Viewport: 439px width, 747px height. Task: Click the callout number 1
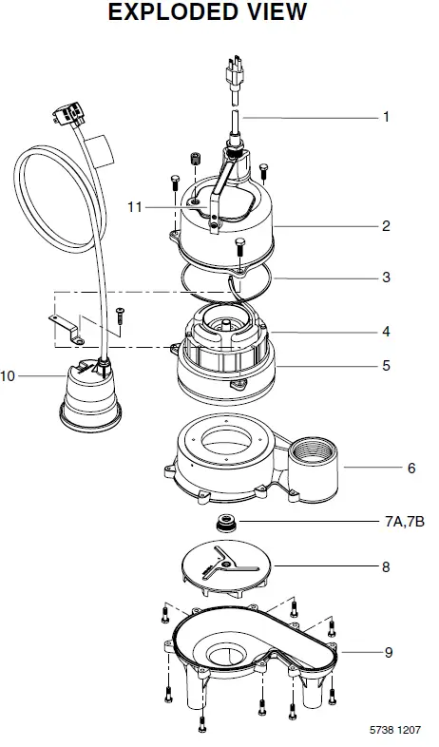point(386,118)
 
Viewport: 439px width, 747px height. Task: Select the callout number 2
point(386,226)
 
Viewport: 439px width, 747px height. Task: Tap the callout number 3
point(386,278)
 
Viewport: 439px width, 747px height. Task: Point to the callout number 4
point(386,332)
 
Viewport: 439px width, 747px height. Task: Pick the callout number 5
point(386,364)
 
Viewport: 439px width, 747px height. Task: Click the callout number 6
point(386,468)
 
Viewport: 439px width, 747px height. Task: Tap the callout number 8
point(386,565)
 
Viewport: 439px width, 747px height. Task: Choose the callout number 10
point(9,376)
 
